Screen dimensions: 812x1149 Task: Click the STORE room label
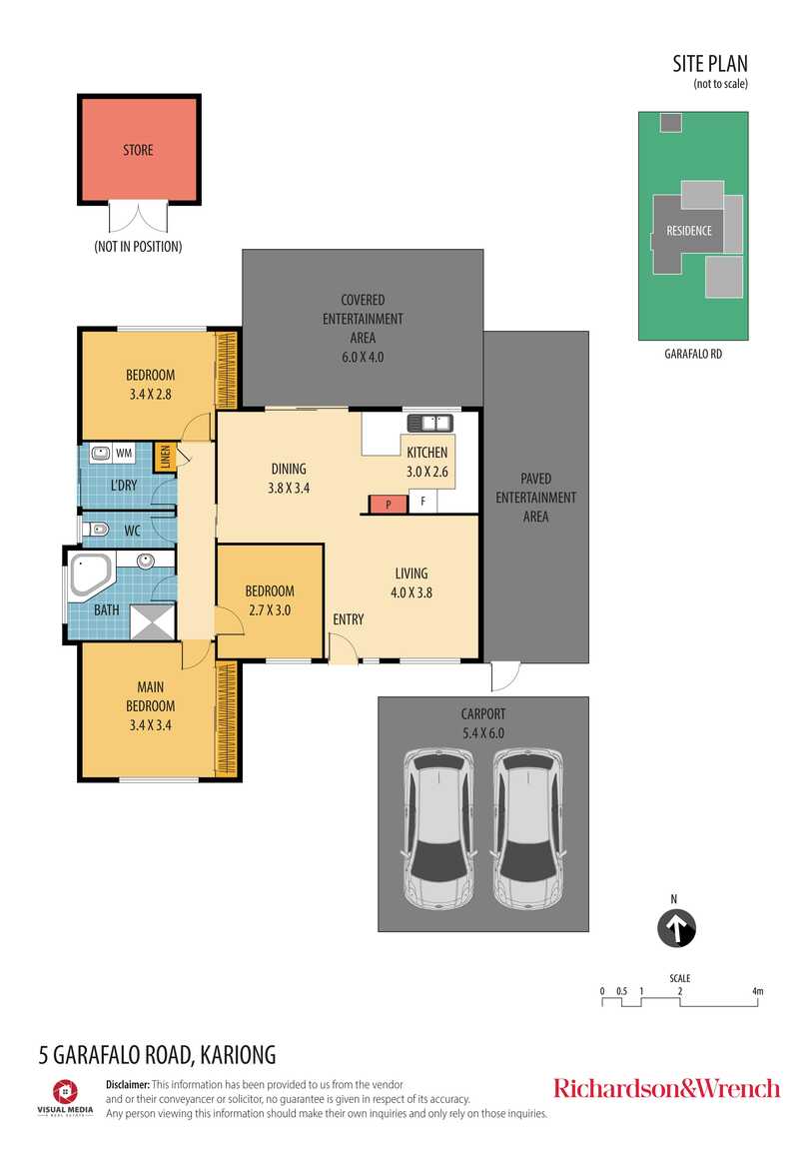click(138, 150)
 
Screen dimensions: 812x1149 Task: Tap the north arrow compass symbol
click(676, 928)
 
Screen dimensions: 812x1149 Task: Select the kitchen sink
click(429, 423)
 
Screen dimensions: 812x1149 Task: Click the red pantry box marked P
click(389, 505)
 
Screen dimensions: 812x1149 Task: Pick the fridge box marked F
click(422, 502)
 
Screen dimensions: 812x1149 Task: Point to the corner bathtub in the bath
click(89, 575)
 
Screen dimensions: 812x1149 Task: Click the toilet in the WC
click(96, 529)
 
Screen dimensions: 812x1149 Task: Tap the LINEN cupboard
click(165, 458)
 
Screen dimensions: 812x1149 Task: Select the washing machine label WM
click(124, 453)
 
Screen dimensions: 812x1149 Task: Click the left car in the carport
click(437, 828)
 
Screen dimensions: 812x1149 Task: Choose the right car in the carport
click(527, 828)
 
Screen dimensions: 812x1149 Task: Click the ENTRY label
click(348, 619)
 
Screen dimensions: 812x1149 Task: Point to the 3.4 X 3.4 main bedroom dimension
click(150, 725)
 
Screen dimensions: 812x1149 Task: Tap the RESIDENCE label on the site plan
click(689, 231)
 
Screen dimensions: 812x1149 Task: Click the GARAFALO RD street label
click(693, 354)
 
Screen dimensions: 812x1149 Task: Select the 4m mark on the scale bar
click(757, 991)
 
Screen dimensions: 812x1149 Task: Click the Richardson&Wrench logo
click(666, 1088)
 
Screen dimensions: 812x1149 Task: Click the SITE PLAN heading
click(710, 64)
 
